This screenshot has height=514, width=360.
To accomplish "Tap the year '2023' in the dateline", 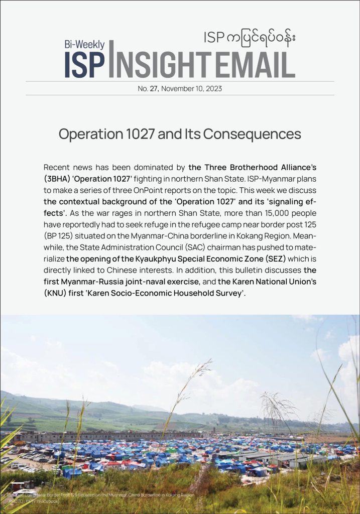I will pyautogui.click(x=213, y=88).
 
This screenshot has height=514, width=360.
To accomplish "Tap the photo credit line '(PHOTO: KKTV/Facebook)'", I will pyautogui.click(x=34, y=500).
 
